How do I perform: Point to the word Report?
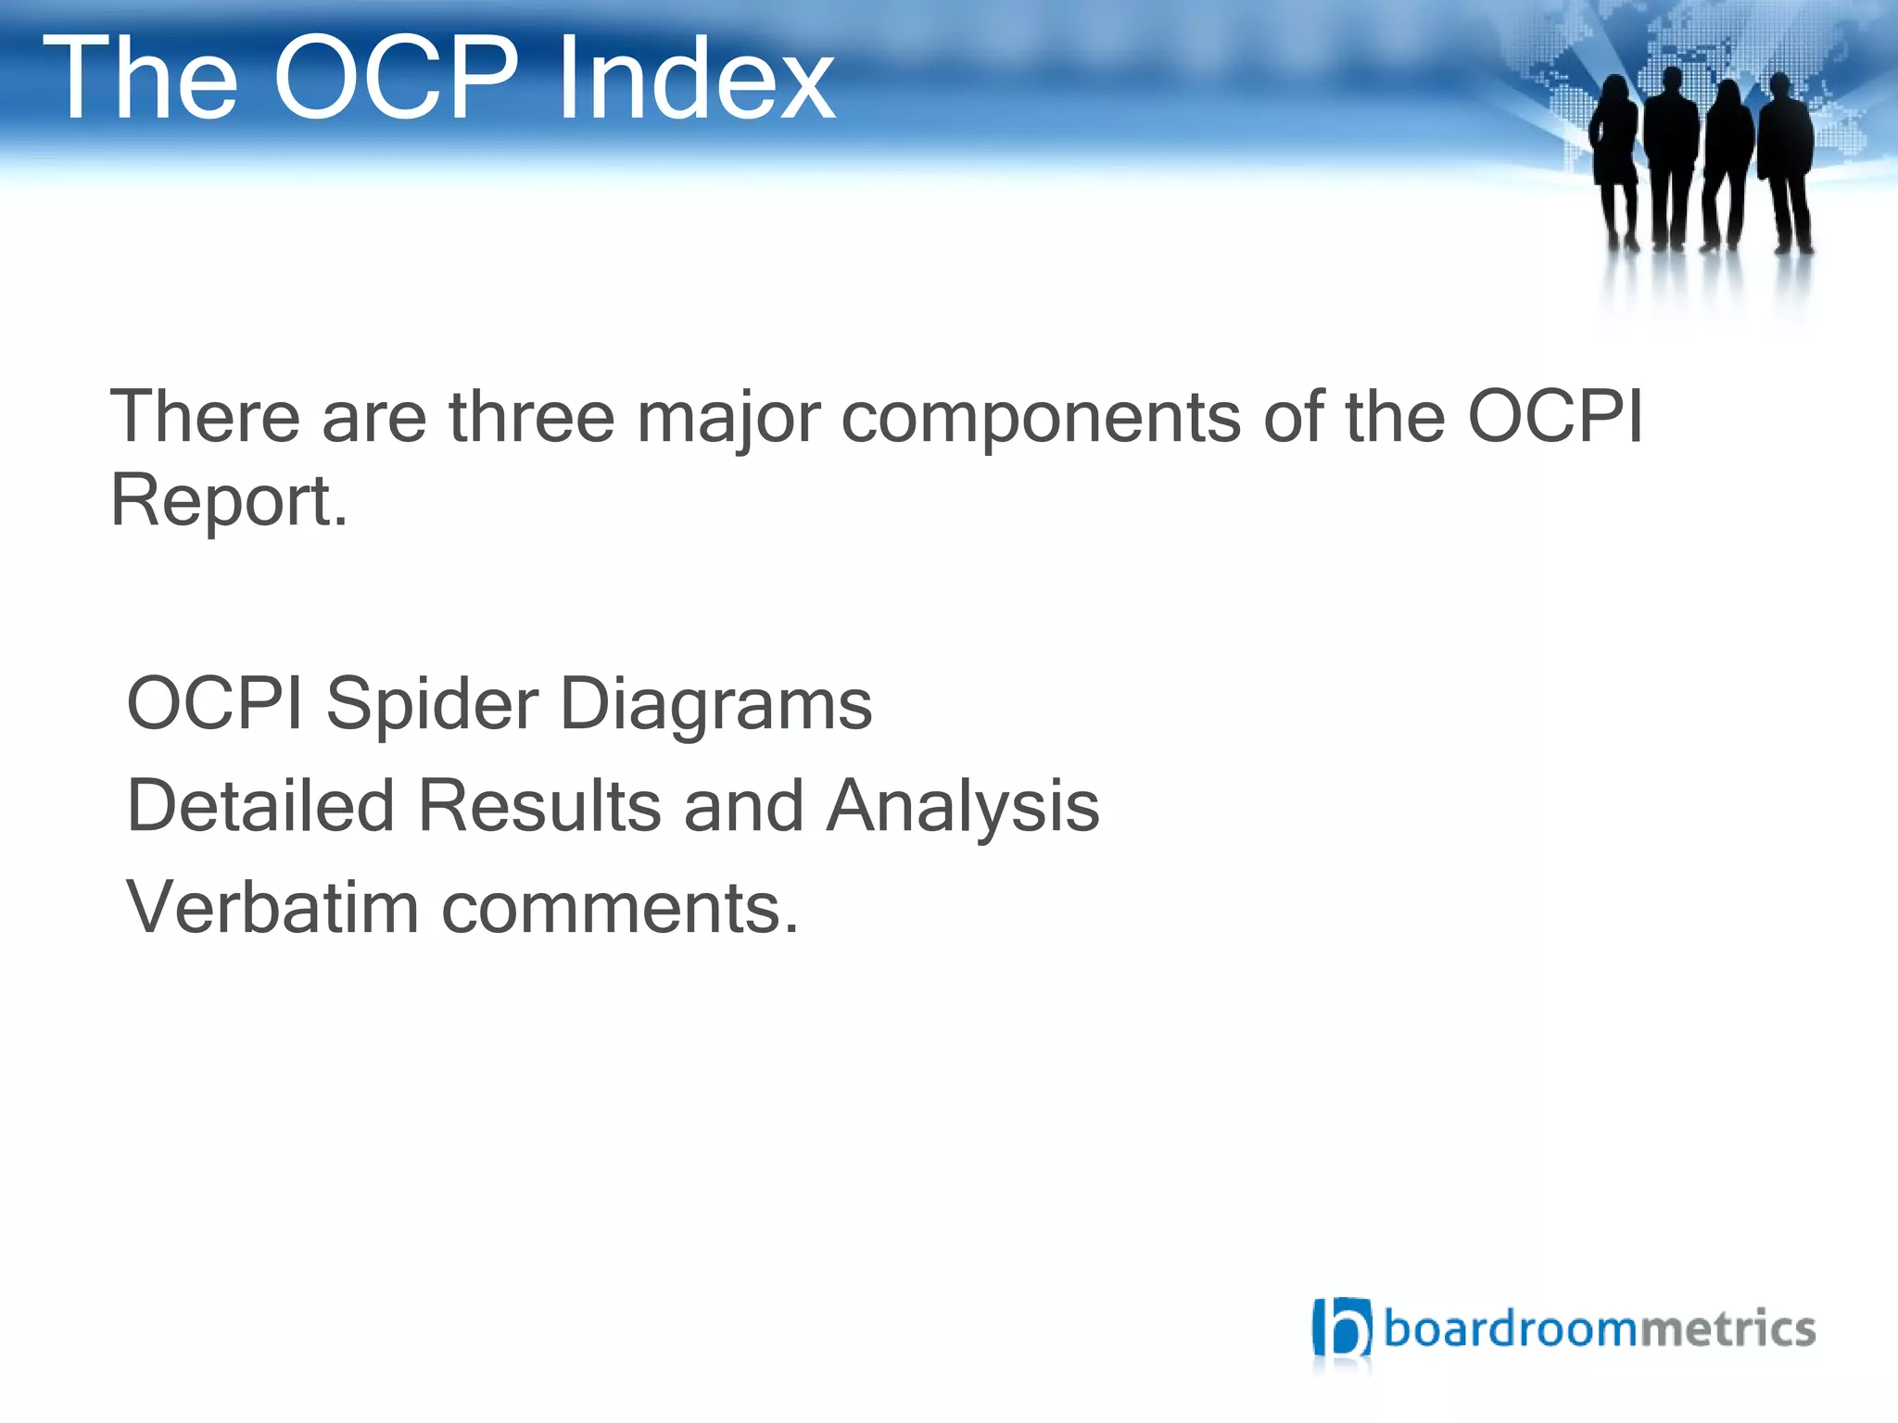pyautogui.click(x=228, y=502)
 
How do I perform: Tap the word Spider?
pyautogui.click(x=431, y=706)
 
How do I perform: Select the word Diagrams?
pyautogui.click(x=716, y=706)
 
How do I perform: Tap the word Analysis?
pyautogui.click(x=963, y=808)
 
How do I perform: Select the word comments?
pyautogui.click(x=619, y=909)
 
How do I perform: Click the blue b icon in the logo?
pyautogui.click(x=1341, y=1328)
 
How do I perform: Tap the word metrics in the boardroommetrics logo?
pyautogui.click(x=1727, y=1329)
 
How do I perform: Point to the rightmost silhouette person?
pyautogui.click(x=1786, y=157)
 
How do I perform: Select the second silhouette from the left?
pyautogui.click(x=1671, y=153)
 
